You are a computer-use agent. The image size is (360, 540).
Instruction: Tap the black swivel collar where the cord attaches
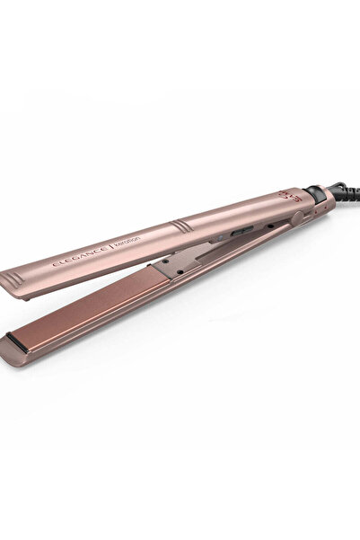[x=315, y=192]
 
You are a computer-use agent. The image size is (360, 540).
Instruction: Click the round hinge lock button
[x=295, y=217]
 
